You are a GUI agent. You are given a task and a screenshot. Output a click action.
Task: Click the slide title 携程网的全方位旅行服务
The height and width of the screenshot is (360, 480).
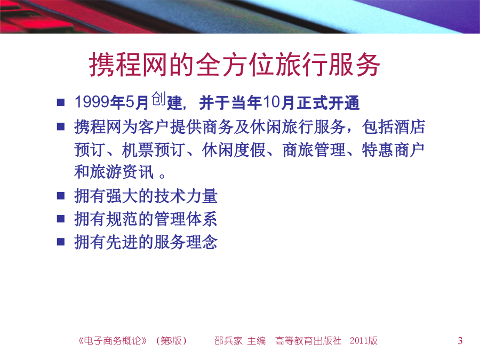tap(235, 65)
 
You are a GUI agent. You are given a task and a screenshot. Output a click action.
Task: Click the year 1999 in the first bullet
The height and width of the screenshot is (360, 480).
tap(92, 102)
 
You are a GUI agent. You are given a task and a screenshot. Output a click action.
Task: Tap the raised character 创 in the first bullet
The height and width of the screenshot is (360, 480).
tap(158, 99)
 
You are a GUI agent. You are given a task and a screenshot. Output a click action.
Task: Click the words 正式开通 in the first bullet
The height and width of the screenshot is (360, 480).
tap(328, 102)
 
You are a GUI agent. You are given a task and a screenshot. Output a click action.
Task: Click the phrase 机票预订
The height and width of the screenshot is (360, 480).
tap(154, 150)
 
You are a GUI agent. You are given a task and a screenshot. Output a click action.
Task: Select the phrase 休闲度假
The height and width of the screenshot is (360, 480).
tap(234, 150)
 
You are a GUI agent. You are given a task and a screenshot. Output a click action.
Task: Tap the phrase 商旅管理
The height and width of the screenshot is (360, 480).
tap(314, 150)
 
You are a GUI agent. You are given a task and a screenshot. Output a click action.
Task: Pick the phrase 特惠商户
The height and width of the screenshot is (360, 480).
tap(393, 150)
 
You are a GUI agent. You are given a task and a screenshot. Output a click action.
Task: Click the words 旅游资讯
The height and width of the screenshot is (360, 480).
tap(122, 171)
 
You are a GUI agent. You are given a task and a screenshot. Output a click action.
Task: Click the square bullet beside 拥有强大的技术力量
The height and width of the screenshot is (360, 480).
tap(61, 196)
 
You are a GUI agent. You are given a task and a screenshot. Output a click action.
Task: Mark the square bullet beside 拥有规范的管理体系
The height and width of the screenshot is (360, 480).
tap(61, 219)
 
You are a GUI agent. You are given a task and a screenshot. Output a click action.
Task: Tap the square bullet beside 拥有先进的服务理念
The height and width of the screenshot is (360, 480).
tap(61, 242)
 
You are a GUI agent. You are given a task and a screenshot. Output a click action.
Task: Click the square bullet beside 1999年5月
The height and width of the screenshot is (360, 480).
tap(61, 102)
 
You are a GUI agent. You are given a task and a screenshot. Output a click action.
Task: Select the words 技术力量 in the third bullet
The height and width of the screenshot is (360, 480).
tap(186, 196)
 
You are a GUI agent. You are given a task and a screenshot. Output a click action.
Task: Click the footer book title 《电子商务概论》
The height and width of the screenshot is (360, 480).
tap(113, 341)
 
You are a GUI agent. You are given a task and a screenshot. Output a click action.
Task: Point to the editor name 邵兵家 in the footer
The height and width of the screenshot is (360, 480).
tap(228, 341)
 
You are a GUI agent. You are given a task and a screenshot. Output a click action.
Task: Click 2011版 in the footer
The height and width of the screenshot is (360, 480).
tap(364, 341)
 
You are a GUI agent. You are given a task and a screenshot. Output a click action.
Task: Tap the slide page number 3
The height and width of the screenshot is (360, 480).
tap(460, 341)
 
